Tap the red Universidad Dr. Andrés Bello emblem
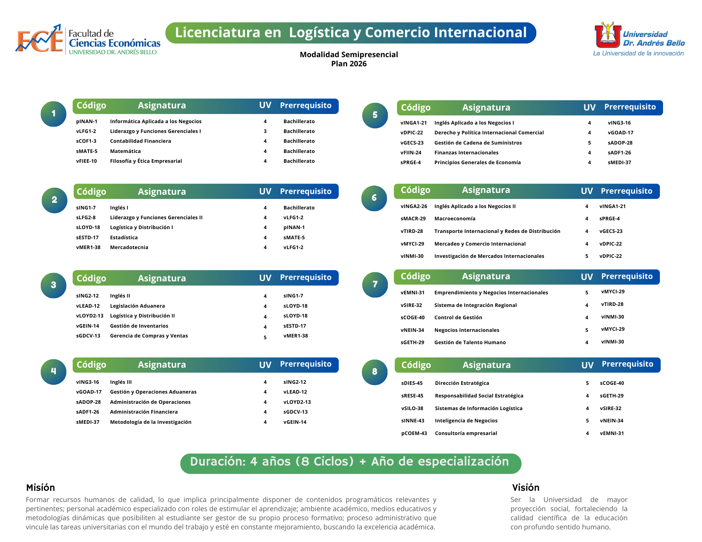click(608, 35)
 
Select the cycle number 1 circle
click(53, 114)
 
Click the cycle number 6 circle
click(374, 198)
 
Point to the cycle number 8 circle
click(375, 372)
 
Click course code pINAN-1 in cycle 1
click(87, 121)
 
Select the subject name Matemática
click(125, 151)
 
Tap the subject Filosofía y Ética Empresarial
click(146, 161)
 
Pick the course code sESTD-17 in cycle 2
click(87, 237)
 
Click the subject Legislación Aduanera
click(137, 306)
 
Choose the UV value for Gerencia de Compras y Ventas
click(265, 337)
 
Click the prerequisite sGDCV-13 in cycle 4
click(296, 412)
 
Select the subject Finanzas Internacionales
click(466, 153)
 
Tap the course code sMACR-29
click(413, 219)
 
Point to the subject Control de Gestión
click(458, 317)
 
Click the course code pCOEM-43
click(414, 433)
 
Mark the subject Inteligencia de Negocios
click(466, 421)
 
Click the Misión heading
click(40, 488)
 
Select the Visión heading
click(525, 488)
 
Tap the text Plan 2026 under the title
click(349, 64)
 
